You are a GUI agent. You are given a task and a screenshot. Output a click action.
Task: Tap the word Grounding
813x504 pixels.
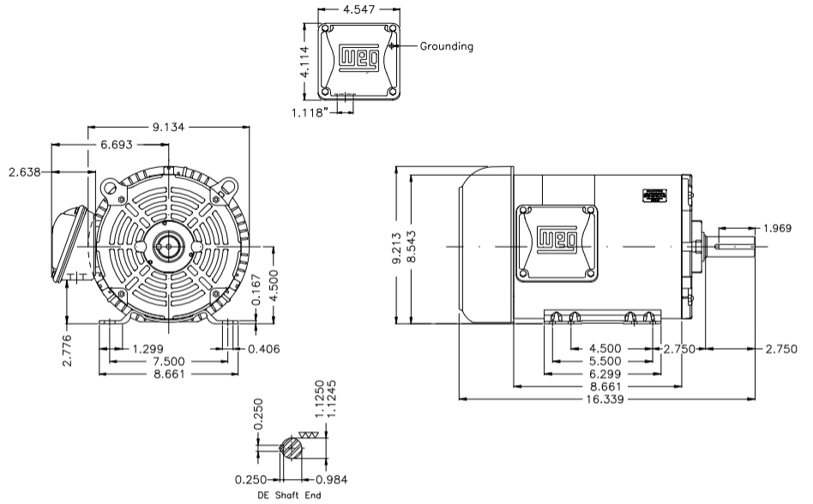446,46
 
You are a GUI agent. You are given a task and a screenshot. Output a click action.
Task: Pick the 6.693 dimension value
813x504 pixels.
116,145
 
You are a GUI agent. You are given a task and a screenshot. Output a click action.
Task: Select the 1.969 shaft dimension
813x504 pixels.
779,228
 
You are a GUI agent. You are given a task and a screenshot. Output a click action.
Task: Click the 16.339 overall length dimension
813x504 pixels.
607,399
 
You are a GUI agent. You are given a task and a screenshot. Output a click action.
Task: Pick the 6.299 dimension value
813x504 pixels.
607,374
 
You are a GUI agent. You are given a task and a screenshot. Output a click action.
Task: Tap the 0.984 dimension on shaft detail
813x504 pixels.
331,479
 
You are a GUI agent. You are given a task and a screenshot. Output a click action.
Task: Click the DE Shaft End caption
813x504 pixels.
290,495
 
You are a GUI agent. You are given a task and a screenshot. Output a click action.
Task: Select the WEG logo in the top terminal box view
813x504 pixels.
357,57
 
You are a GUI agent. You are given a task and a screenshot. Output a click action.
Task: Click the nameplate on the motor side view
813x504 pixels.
655,195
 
